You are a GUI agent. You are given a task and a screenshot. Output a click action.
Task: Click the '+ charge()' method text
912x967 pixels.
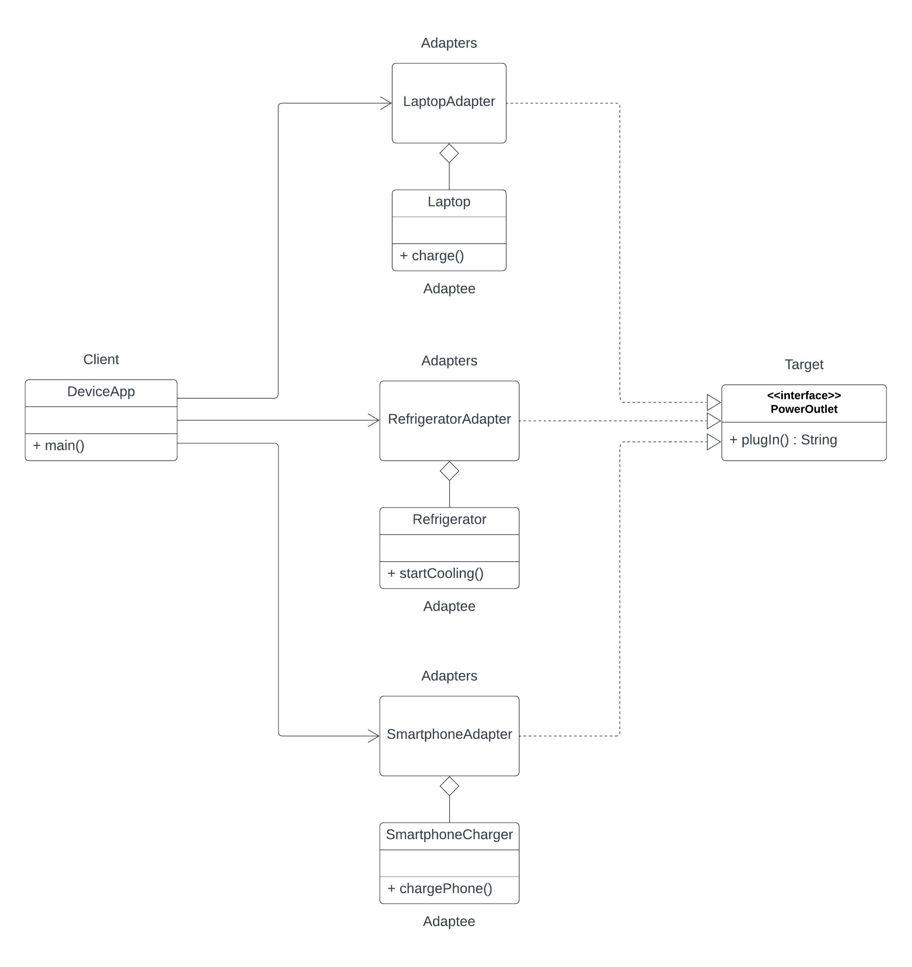(x=432, y=256)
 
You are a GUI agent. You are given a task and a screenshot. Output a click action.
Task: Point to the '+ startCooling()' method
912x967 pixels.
(x=435, y=573)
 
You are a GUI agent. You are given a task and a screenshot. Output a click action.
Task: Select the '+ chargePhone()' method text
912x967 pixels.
(x=440, y=889)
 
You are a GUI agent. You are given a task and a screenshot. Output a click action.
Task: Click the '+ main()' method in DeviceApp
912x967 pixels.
(x=59, y=446)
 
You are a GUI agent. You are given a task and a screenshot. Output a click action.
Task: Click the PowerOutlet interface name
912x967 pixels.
(x=804, y=409)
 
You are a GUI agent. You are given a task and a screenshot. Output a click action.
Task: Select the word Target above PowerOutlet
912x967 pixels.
(x=804, y=364)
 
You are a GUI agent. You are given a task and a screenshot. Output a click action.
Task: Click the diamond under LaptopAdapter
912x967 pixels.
(x=449, y=153)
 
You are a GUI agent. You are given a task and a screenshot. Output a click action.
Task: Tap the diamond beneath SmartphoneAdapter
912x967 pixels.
(x=449, y=786)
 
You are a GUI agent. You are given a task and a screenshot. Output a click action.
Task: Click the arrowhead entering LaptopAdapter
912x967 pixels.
(x=386, y=103)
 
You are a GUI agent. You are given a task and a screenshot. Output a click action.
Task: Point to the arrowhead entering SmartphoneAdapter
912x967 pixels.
(x=374, y=736)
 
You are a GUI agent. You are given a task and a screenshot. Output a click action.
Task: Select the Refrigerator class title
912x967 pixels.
(x=449, y=519)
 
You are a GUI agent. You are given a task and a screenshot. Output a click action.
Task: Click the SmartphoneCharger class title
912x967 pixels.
(x=449, y=835)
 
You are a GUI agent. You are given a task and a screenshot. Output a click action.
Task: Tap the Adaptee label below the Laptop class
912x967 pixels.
(x=449, y=289)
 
